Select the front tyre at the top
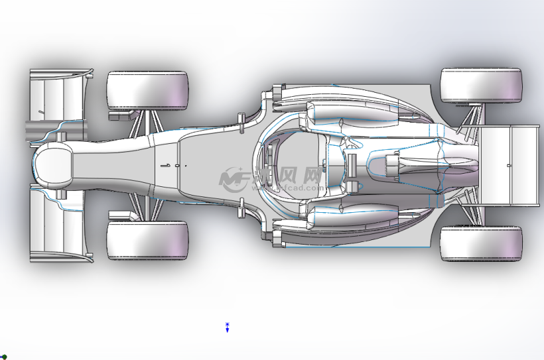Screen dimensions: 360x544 click(x=147, y=90)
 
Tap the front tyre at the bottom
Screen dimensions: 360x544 click(x=147, y=240)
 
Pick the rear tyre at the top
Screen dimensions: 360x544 click(x=481, y=86)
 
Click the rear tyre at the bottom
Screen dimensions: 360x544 click(x=481, y=243)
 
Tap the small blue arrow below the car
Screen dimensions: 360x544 click(x=227, y=328)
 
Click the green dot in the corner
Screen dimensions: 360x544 click(x=4, y=357)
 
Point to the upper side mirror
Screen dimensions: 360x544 click(x=241, y=119)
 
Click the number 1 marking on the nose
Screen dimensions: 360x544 click(x=169, y=164)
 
